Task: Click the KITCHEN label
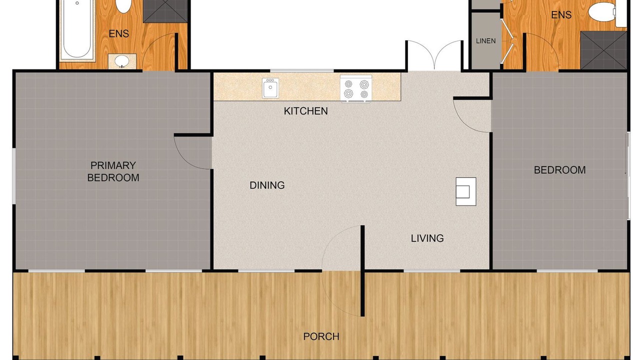click(305, 111)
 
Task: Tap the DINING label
click(267, 185)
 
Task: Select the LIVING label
click(427, 238)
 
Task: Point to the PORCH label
click(321, 336)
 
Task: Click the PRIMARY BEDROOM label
click(113, 171)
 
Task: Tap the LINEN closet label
click(485, 41)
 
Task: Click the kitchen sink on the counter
click(270, 88)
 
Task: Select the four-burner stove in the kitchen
click(356, 88)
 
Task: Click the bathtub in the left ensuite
click(77, 29)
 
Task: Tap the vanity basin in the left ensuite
click(122, 61)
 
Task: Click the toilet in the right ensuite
click(602, 11)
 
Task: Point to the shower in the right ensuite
click(603, 50)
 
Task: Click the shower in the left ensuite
click(165, 11)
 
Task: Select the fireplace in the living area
click(465, 191)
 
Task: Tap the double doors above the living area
click(434, 55)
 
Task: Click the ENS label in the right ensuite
click(561, 15)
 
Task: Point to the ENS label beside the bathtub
click(119, 33)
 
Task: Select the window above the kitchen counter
click(302, 70)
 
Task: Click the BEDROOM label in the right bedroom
click(559, 170)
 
